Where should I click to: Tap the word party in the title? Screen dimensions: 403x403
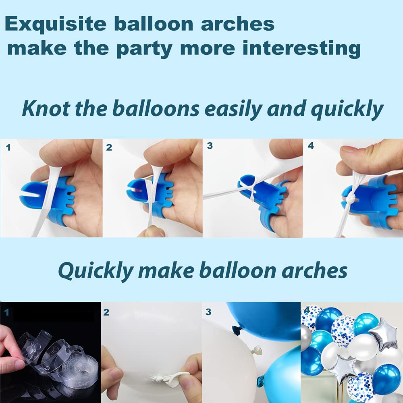click(x=144, y=49)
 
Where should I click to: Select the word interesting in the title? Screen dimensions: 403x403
click(x=301, y=48)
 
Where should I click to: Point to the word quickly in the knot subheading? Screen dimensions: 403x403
click(x=347, y=110)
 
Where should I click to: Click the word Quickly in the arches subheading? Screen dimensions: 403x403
click(x=96, y=271)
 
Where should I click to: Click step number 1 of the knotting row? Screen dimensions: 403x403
click(x=8, y=147)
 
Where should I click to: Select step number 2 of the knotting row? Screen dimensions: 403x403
click(x=109, y=147)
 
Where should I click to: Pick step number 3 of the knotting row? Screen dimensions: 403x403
click(x=210, y=146)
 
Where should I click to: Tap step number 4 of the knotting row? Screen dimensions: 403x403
click(x=311, y=146)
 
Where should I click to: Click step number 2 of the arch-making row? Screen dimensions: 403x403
click(x=106, y=312)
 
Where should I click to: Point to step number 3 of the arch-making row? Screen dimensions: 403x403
click(x=208, y=312)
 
